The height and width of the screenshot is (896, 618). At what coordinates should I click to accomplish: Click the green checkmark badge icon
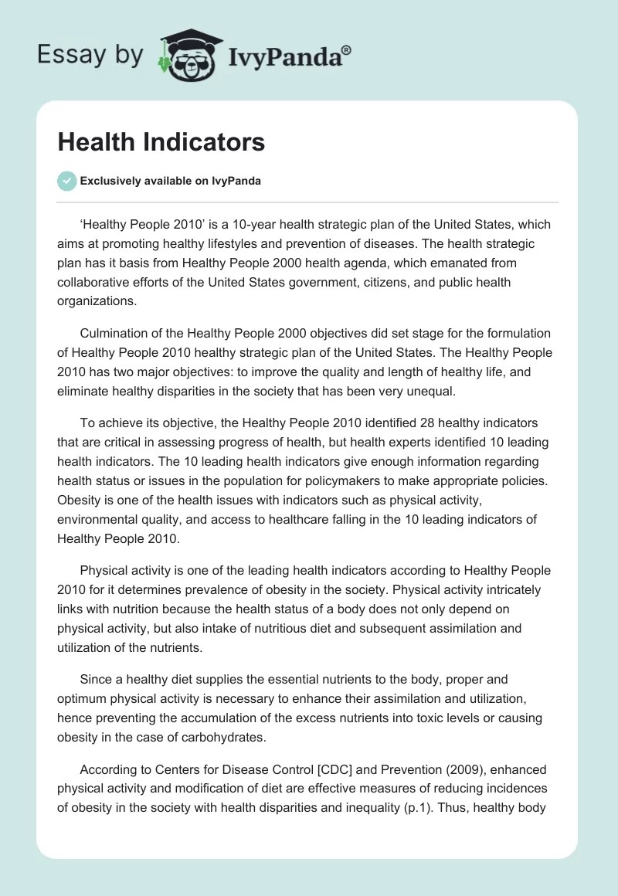(66, 181)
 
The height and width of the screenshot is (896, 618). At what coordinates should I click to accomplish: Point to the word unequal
(433, 391)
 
